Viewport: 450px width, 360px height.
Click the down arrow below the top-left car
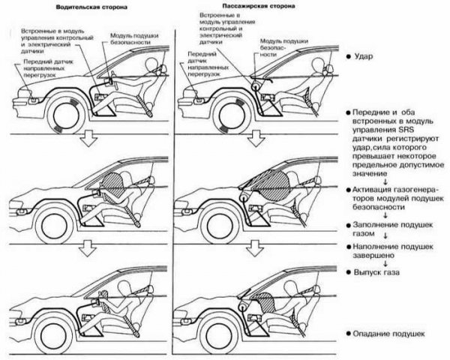click(89, 136)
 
